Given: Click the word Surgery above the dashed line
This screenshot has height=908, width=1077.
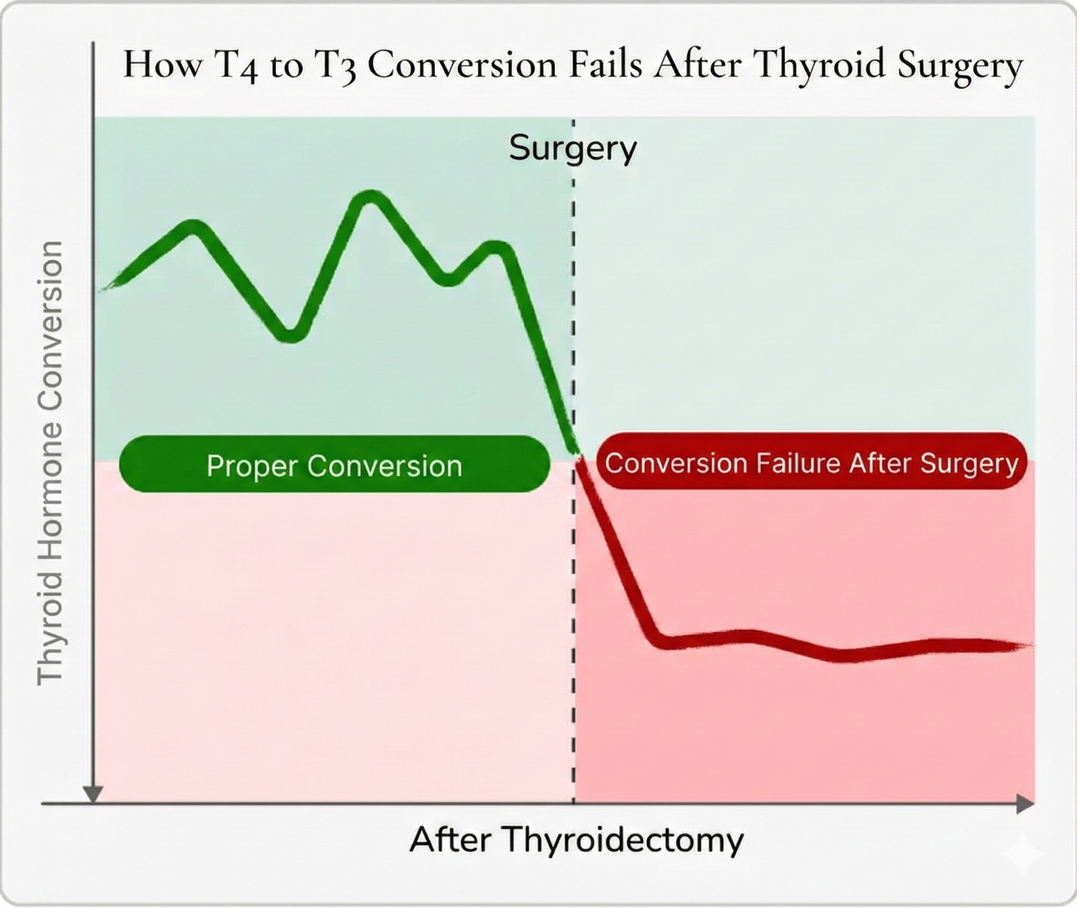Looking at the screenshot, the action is (573, 148).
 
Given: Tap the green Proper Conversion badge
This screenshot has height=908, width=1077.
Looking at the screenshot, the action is (334, 464).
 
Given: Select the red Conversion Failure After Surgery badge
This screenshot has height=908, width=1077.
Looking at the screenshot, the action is (812, 462).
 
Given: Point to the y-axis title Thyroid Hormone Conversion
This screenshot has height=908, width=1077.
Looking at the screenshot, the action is (50, 464).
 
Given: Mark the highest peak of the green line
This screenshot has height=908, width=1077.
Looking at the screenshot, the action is (370, 197).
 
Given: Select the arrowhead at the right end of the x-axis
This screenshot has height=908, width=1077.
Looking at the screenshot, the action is (1025, 804).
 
